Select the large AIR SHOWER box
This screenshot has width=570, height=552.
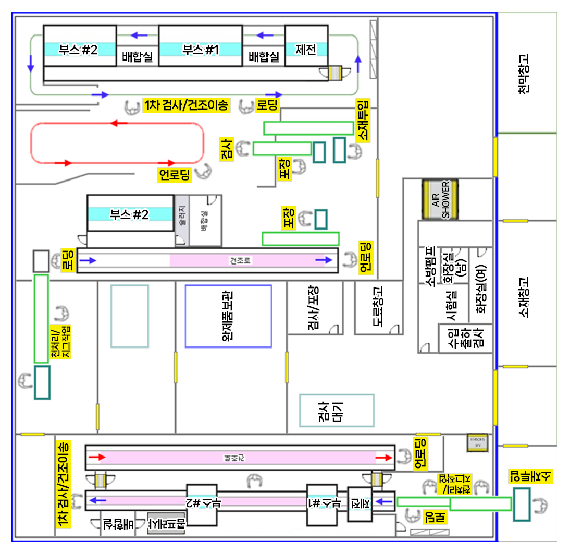(x=440, y=200)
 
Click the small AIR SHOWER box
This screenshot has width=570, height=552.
(x=477, y=442)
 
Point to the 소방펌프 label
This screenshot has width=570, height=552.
(x=430, y=266)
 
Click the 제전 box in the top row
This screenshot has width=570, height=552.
(x=306, y=50)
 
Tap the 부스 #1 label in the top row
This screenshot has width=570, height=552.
(x=201, y=50)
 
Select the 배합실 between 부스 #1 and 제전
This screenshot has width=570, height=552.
(x=264, y=56)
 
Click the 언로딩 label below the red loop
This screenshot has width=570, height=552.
(x=175, y=175)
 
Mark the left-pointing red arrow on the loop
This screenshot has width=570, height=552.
(x=119, y=123)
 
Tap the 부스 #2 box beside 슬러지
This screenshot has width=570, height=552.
(x=130, y=214)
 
